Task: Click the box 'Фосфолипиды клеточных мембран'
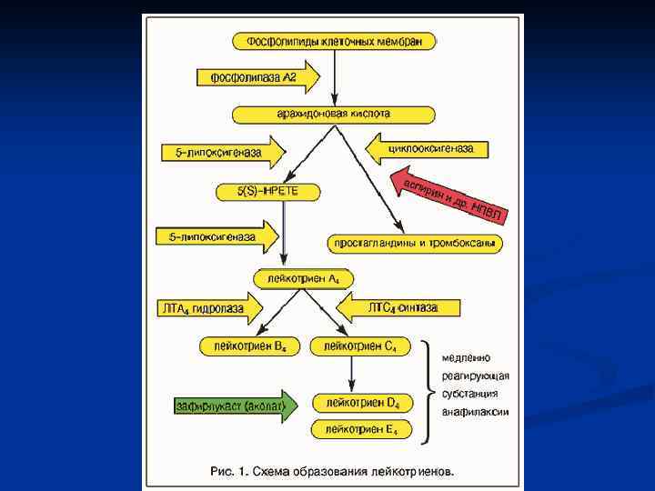tap(334, 41)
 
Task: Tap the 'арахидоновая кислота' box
tap(334, 115)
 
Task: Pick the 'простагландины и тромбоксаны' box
tap(414, 244)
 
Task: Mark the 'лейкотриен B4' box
tap(248, 346)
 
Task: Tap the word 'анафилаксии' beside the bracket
tap(475, 411)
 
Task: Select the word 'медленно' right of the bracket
tap(466, 357)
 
